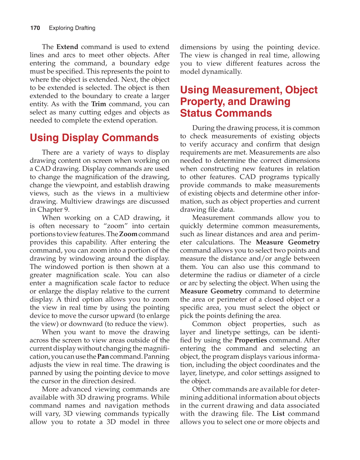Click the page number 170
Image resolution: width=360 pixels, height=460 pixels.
(35, 28)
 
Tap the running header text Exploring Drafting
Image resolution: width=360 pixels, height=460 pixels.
(72, 28)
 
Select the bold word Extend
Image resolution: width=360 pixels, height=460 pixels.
(67, 47)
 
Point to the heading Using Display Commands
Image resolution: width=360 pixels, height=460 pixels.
(94, 138)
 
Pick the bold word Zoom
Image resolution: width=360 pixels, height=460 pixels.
(128, 234)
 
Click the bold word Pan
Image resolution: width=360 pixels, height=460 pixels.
(103, 357)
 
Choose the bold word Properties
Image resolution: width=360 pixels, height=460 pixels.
(251, 340)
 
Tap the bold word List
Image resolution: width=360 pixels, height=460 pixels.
(278, 414)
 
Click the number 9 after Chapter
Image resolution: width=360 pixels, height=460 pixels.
(66, 210)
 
